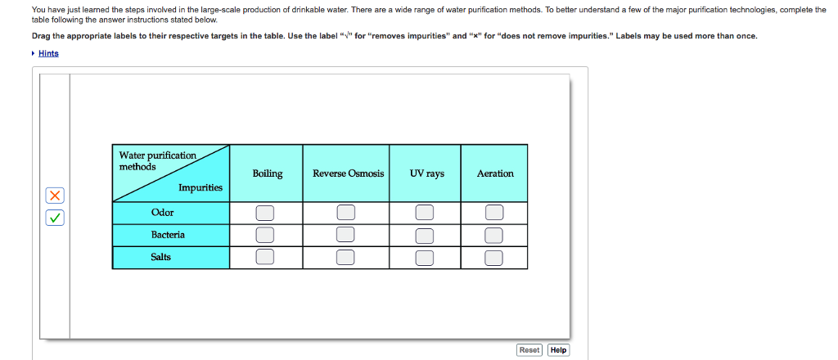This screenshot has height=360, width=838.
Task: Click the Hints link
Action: coord(48,53)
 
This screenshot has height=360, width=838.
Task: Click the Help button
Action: coord(558,349)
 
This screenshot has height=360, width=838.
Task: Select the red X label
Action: coord(54,196)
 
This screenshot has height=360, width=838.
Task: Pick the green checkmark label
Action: coord(54,218)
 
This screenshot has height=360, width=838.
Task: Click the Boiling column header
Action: coord(267,173)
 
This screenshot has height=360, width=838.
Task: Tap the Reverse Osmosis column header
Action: coord(348,173)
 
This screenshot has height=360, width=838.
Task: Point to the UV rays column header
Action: coord(427,173)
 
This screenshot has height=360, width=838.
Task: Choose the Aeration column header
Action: coord(495,173)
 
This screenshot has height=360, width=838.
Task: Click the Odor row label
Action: coord(162,213)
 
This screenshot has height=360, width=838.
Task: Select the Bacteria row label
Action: coord(168,235)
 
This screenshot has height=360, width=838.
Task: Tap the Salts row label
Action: coord(161,257)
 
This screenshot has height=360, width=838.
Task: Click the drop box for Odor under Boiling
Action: coord(264,213)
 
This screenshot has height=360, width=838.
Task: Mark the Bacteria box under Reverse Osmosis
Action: coord(346,236)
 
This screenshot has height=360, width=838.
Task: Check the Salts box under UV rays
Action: coord(424,258)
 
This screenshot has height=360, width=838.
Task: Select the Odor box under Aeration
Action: coord(493,213)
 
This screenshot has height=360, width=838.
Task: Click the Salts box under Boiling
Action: coord(264,258)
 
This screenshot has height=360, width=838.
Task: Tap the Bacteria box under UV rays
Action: coord(424,236)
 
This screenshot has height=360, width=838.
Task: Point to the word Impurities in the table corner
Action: coord(200,188)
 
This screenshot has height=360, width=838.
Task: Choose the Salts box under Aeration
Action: coord(493,258)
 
